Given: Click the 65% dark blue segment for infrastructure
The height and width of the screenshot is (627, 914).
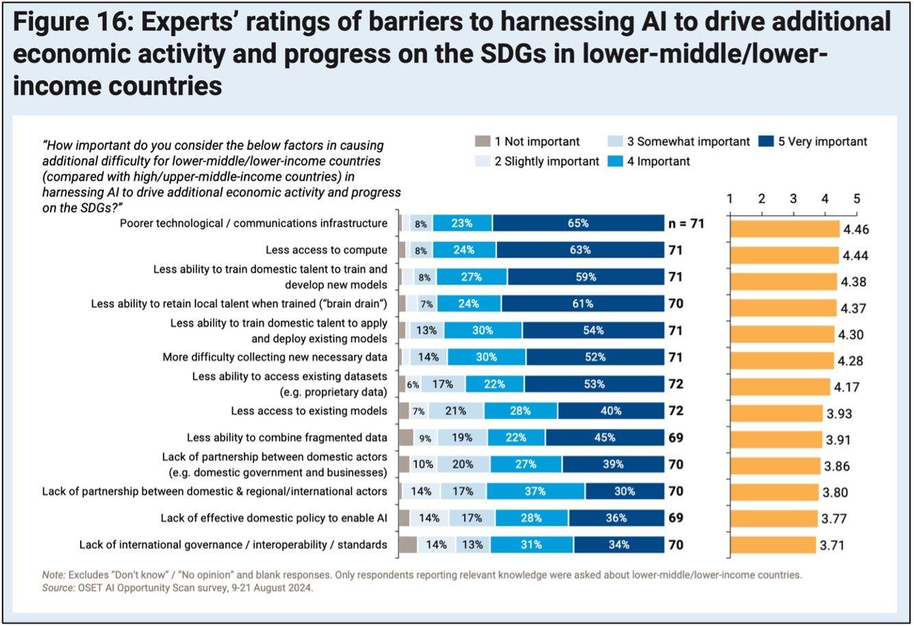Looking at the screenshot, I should pos(579,223).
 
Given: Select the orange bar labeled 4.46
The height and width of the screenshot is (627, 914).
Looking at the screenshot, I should pos(785,229).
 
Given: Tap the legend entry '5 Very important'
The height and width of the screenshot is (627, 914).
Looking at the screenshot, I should pos(813,142).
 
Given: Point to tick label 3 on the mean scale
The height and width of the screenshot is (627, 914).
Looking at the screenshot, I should pos(794,199).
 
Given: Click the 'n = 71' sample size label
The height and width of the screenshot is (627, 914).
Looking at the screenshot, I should pos(686,223).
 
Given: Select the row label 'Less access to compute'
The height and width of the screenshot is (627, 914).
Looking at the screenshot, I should pos(327,250).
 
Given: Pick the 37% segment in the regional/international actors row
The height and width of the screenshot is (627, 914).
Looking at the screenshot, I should pos(535,491).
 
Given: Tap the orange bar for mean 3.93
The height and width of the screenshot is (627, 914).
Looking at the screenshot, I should pos(776,413).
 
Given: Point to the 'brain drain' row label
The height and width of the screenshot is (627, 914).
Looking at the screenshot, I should pos(239,304).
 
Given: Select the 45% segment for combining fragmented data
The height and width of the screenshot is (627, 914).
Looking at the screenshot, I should pos(605,438).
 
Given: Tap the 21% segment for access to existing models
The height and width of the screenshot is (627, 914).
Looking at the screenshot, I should pos(456,411).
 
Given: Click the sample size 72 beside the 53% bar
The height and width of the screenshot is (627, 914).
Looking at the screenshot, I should pos(676,385).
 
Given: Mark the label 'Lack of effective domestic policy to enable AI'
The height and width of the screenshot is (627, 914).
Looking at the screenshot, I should pos(274,518).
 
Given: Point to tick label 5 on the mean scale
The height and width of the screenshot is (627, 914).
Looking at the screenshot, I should pos(856,199).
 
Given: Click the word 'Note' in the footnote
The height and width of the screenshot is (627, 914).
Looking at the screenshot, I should pos(53,575).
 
